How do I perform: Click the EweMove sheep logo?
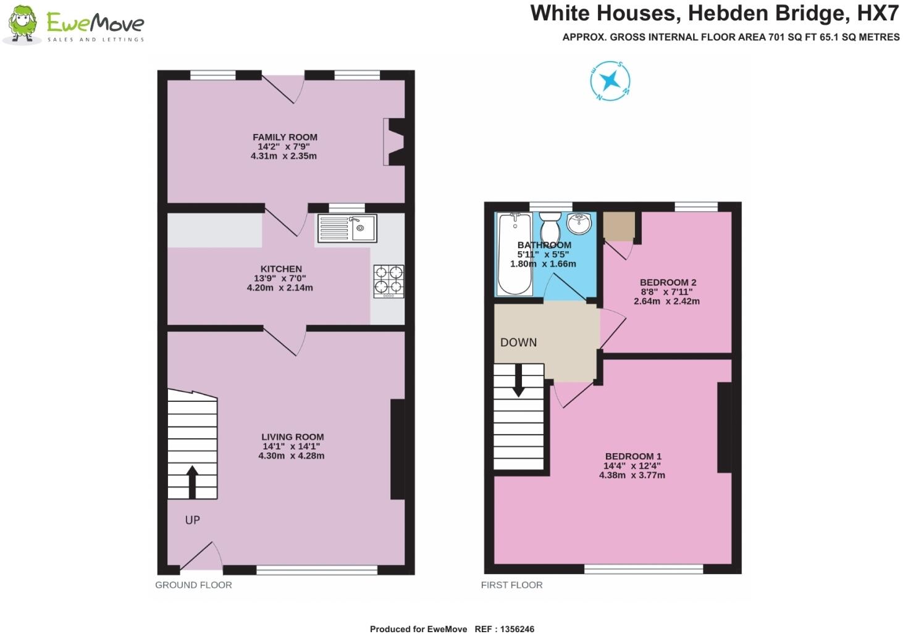point(22,25)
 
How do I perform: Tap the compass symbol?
point(610,80)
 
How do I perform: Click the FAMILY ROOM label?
point(285,137)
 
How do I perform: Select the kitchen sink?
point(346,228)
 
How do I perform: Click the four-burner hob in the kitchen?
point(388,282)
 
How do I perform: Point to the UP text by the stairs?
point(193,520)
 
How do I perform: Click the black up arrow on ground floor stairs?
point(192,482)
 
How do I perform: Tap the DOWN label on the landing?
point(518,343)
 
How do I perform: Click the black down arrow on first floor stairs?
point(518,380)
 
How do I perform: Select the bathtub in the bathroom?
point(514,254)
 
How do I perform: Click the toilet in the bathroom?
point(550,228)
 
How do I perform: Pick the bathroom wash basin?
point(580,224)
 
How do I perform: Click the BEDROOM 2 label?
point(668,282)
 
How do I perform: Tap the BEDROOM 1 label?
point(633,456)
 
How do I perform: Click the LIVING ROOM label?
point(292,436)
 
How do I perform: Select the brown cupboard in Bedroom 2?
point(619,227)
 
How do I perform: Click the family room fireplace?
point(394,142)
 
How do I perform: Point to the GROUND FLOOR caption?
point(193,585)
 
